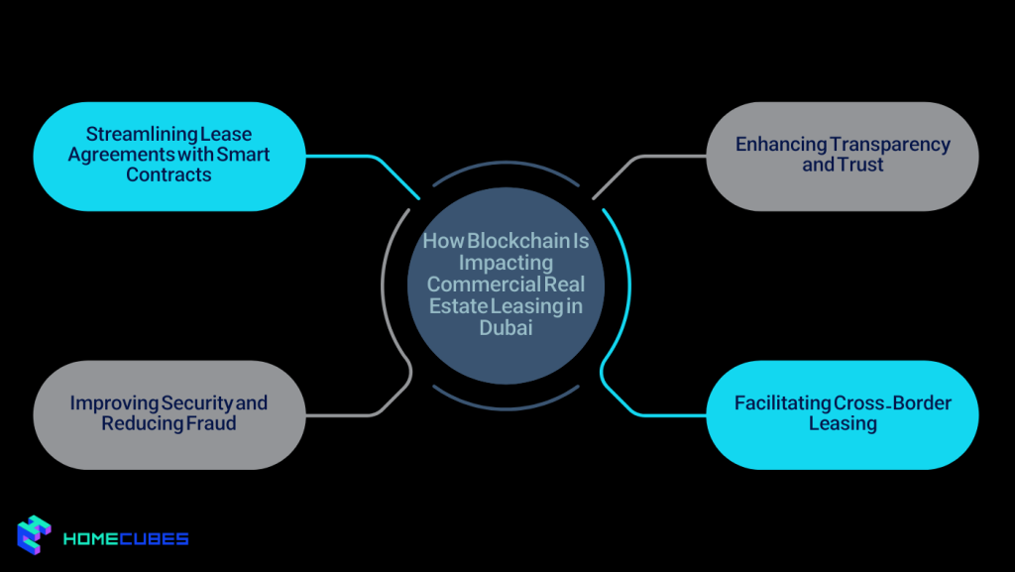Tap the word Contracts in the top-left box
169,175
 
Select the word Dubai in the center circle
506,328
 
